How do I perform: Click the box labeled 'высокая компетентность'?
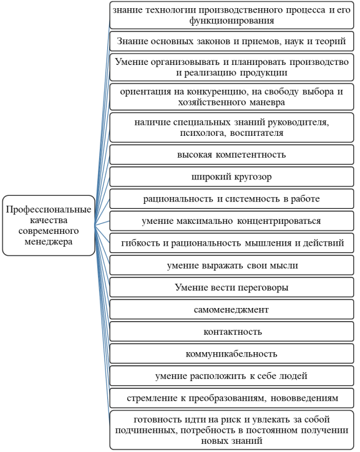(x=231, y=155)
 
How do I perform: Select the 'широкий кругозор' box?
(x=231, y=176)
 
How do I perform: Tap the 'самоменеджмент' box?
(x=231, y=310)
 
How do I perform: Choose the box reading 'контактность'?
(x=231, y=332)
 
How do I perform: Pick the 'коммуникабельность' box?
(x=231, y=353)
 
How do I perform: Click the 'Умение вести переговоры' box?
(x=231, y=287)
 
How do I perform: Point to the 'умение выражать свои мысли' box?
(x=231, y=265)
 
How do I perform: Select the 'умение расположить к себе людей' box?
(x=231, y=376)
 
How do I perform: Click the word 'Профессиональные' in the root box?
(x=49, y=209)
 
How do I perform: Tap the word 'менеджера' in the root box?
(x=49, y=241)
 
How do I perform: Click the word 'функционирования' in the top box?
(x=231, y=21)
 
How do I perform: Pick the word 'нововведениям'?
(x=304, y=398)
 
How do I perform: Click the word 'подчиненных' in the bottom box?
(x=147, y=430)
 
